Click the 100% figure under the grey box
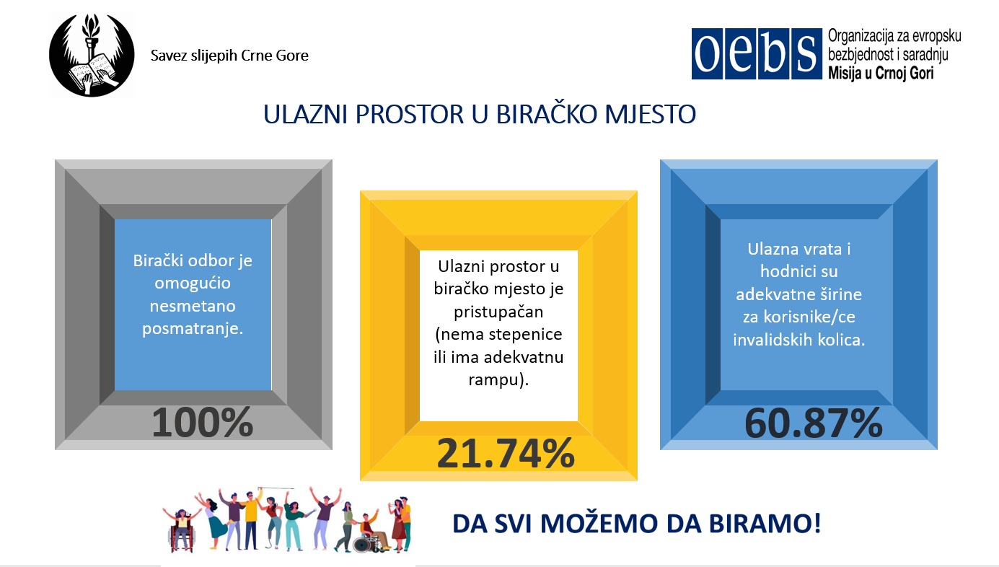203,423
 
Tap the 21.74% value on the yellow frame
506,453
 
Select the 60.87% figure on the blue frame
814,423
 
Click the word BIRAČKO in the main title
546,114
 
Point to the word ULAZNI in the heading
305,115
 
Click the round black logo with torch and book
92,56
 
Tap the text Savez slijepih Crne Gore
229,56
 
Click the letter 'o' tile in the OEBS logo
707,54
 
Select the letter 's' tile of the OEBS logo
806,54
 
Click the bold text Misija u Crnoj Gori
881,73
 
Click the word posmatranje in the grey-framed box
193,329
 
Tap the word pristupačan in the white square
498,312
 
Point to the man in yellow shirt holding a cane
251,520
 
